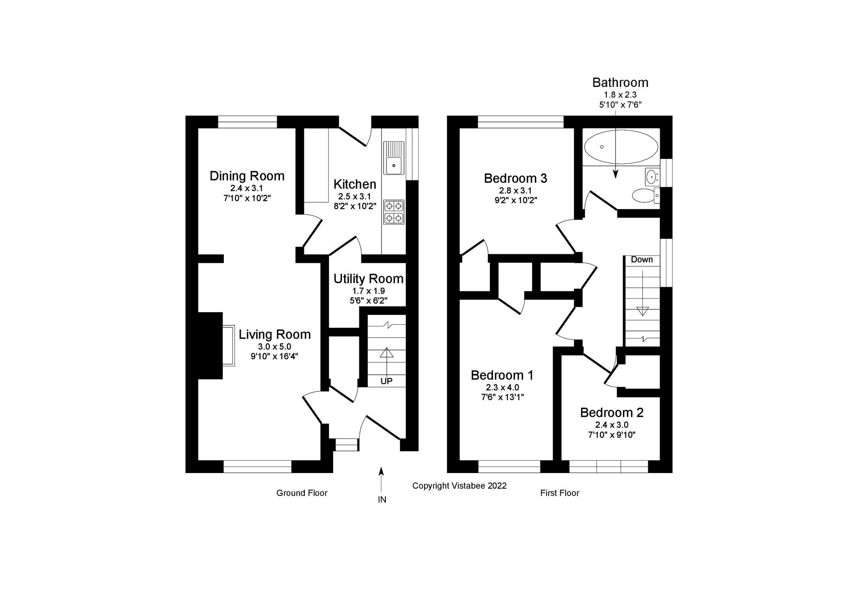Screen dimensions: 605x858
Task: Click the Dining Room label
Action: coord(247,176)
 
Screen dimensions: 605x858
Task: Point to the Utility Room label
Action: coord(368,279)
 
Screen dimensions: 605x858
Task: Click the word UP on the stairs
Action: coord(386,381)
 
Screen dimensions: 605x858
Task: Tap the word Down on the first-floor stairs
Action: coord(642,259)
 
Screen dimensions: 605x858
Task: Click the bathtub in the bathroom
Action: coord(621,147)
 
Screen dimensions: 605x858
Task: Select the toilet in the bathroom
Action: coord(645,196)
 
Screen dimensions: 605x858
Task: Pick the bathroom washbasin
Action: coord(652,176)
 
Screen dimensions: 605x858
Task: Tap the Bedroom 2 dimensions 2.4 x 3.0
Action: coord(611,424)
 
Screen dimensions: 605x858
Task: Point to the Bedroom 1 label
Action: coord(502,375)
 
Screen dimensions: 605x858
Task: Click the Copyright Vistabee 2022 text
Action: coord(459,486)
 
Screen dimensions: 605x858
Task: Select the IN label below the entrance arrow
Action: coord(381,500)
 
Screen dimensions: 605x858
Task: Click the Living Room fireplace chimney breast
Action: coord(210,345)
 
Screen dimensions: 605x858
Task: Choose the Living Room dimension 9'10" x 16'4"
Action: coord(274,356)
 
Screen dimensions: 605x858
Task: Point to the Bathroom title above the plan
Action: coord(620,83)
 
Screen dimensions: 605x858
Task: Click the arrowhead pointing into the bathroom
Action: coord(615,174)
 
